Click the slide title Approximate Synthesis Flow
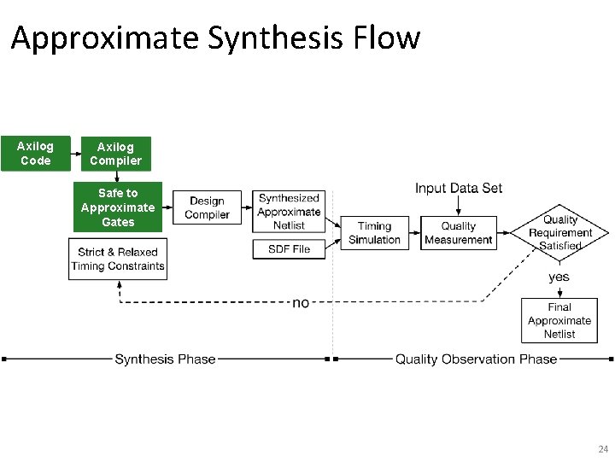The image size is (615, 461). click(x=215, y=38)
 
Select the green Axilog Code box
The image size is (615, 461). click(x=35, y=154)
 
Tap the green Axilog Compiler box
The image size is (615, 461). click(x=115, y=154)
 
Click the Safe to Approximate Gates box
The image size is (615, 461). click(x=118, y=207)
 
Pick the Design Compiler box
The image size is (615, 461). click(x=207, y=208)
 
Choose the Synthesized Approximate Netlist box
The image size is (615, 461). click(x=289, y=212)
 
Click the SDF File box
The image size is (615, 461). click(x=289, y=249)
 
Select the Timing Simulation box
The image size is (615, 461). click(x=374, y=233)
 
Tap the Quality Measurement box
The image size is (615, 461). click(x=458, y=233)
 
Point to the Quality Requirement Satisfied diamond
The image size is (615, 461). click(x=559, y=232)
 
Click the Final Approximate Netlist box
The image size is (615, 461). click(x=559, y=320)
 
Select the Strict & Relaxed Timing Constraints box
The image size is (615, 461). click(x=118, y=259)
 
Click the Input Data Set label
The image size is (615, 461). click(x=459, y=188)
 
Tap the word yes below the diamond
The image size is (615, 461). click(x=559, y=277)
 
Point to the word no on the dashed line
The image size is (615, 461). click(x=301, y=303)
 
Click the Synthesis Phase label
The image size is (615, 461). click(x=165, y=359)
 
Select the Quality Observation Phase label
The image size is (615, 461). click(x=476, y=359)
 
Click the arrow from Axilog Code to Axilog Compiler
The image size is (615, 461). click(x=76, y=154)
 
